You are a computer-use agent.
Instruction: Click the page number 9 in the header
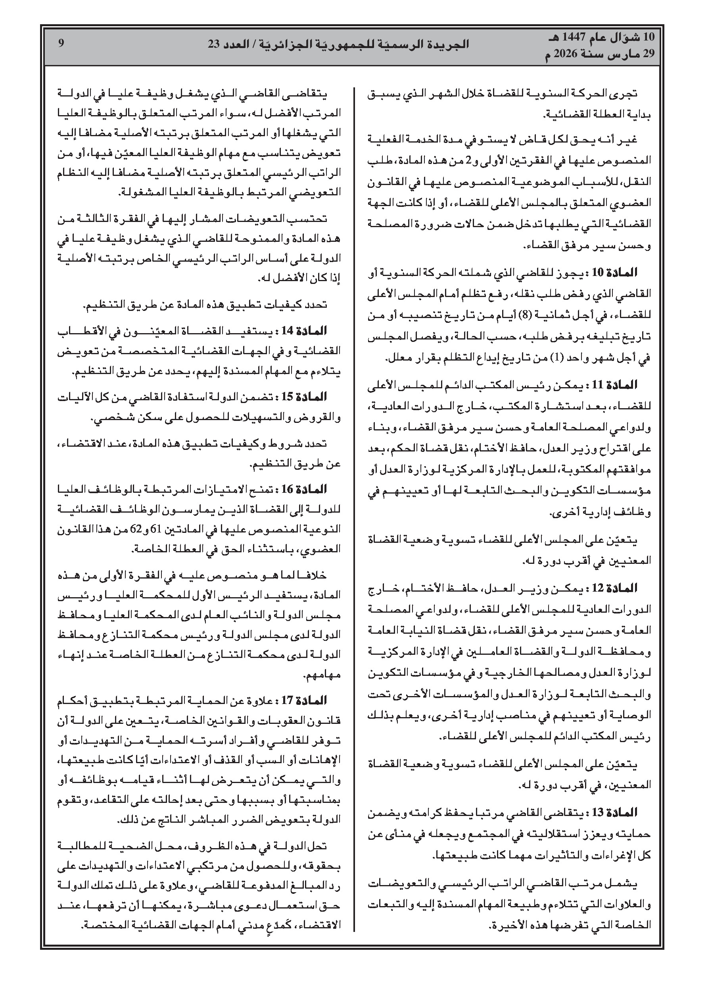61,43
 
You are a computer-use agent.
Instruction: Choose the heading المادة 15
309,397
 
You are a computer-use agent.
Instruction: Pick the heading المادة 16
309,489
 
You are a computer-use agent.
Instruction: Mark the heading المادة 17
309,701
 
